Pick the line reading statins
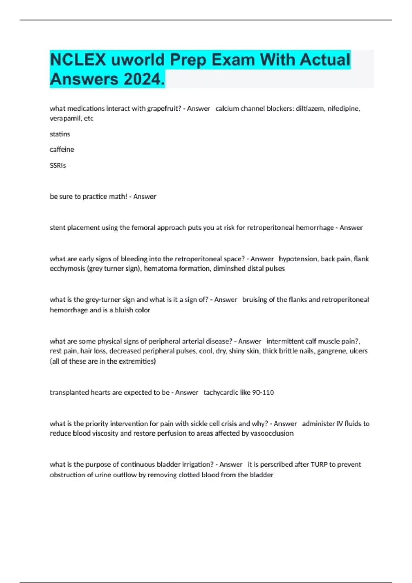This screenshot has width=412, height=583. [60, 134]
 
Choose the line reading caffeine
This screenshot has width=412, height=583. [62, 150]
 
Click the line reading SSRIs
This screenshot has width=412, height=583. [58, 165]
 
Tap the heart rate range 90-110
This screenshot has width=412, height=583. [263, 392]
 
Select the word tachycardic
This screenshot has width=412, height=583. [220, 392]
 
